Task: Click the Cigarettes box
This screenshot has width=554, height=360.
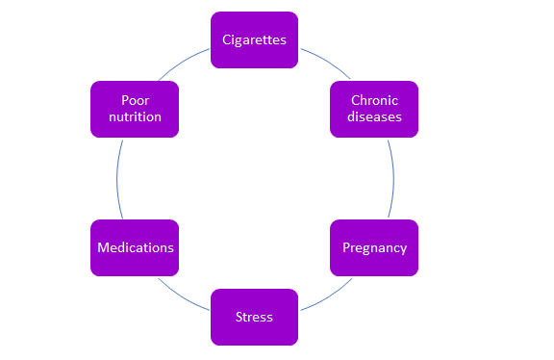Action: pyautogui.click(x=254, y=39)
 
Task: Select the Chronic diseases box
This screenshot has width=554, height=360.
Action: pyautogui.click(x=374, y=109)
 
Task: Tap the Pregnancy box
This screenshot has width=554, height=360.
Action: pyautogui.click(x=374, y=247)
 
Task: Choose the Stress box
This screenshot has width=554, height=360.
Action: pyautogui.click(x=254, y=317)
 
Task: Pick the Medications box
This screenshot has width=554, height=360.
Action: pyautogui.click(x=135, y=247)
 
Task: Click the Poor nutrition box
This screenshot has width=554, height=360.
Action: pyautogui.click(x=135, y=109)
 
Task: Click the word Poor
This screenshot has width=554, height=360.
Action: pyautogui.click(x=136, y=100)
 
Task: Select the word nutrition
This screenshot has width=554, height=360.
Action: pyautogui.click(x=135, y=117)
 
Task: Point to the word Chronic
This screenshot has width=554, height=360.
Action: pyautogui.click(x=374, y=100)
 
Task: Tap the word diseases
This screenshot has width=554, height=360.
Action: pyautogui.click(x=374, y=117)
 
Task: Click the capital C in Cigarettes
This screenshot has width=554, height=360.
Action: pyautogui.click(x=226, y=39)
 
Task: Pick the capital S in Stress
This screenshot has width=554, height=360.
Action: pyautogui.click(x=239, y=317)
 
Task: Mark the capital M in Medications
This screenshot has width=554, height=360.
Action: pyautogui.click(x=103, y=247)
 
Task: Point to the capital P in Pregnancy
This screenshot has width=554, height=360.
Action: pyautogui.click(x=346, y=247)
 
